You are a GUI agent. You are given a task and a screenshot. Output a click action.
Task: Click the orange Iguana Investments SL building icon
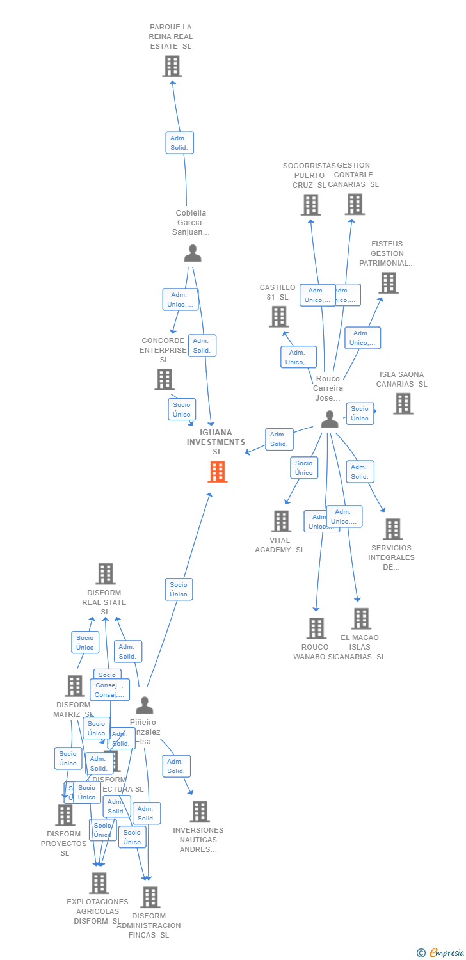click(x=218, y=472)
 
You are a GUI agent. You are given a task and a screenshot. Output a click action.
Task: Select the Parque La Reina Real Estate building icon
click(x=172, y=66)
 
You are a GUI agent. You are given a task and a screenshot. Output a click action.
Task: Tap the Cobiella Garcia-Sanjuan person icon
click(x=192, y=253)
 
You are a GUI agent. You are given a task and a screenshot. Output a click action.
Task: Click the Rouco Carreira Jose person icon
click(x=329, y=419)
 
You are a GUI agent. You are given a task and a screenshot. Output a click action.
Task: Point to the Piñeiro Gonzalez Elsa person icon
click(x=145, y=705)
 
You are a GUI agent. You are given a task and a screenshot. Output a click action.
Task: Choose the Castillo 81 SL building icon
click(x=278, y=316)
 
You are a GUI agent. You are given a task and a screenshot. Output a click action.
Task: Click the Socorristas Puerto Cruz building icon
click(x=310, y=205)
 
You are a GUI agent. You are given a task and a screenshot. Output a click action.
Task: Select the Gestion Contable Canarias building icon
click(x=355, y=204)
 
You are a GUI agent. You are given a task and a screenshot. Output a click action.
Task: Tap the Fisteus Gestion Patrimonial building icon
click(x=388, y=283)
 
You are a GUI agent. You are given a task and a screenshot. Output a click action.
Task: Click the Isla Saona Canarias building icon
click(x=403, y=404)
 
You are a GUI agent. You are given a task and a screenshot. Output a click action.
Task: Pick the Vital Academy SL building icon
click(x=281, y=521)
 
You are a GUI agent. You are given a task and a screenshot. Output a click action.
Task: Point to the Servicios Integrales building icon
click(x=392, y=529)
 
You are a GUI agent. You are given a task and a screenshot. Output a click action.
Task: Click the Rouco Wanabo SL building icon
click(x=316, y=628)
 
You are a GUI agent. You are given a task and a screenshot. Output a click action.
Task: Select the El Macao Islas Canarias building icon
click(x=361, y=619)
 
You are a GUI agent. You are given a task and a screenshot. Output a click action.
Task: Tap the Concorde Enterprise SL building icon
click(x=165, y=380)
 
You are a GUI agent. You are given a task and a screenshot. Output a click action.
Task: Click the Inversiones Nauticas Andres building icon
click(x=199, y=812)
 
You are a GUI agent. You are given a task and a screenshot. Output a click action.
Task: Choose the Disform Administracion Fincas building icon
click(x=150, y=897)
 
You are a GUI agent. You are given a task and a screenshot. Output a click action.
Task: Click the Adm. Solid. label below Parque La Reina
click(x=179, y=143)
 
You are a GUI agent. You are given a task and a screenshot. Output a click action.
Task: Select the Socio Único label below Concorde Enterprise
click(x=182, y=410)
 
